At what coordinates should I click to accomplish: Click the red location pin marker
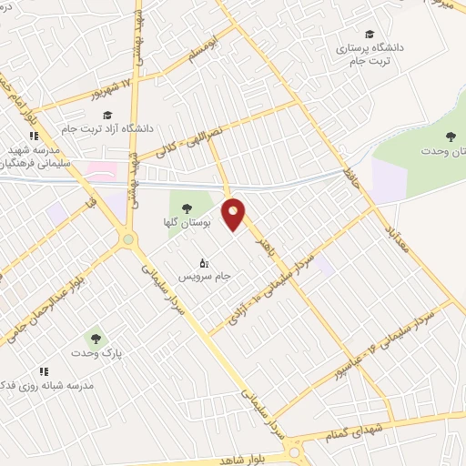click(x=234, y=215)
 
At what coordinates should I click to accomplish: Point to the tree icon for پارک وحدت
click(x=88, y=339)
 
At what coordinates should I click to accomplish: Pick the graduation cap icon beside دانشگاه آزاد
click(x=108, y=115)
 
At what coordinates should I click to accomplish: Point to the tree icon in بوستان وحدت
click(x=450, y=137)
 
